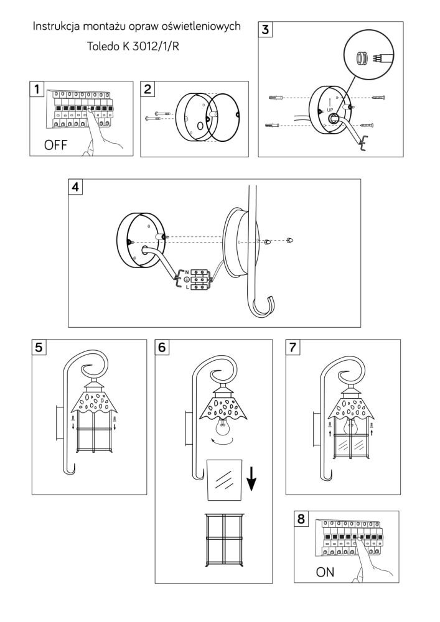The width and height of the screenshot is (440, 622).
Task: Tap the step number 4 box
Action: (x=77, y=187)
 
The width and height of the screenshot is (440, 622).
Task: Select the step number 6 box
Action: (x=162, y=347)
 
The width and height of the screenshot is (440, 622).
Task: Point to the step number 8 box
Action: (x=302, y=519)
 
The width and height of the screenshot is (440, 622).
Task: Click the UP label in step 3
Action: (x=330, y=110)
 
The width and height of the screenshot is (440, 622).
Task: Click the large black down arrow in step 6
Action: (x=251, y=477)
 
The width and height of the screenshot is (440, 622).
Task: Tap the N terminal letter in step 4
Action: (x=187, y=272)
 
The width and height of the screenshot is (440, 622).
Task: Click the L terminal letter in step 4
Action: (x=187, y=288)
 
